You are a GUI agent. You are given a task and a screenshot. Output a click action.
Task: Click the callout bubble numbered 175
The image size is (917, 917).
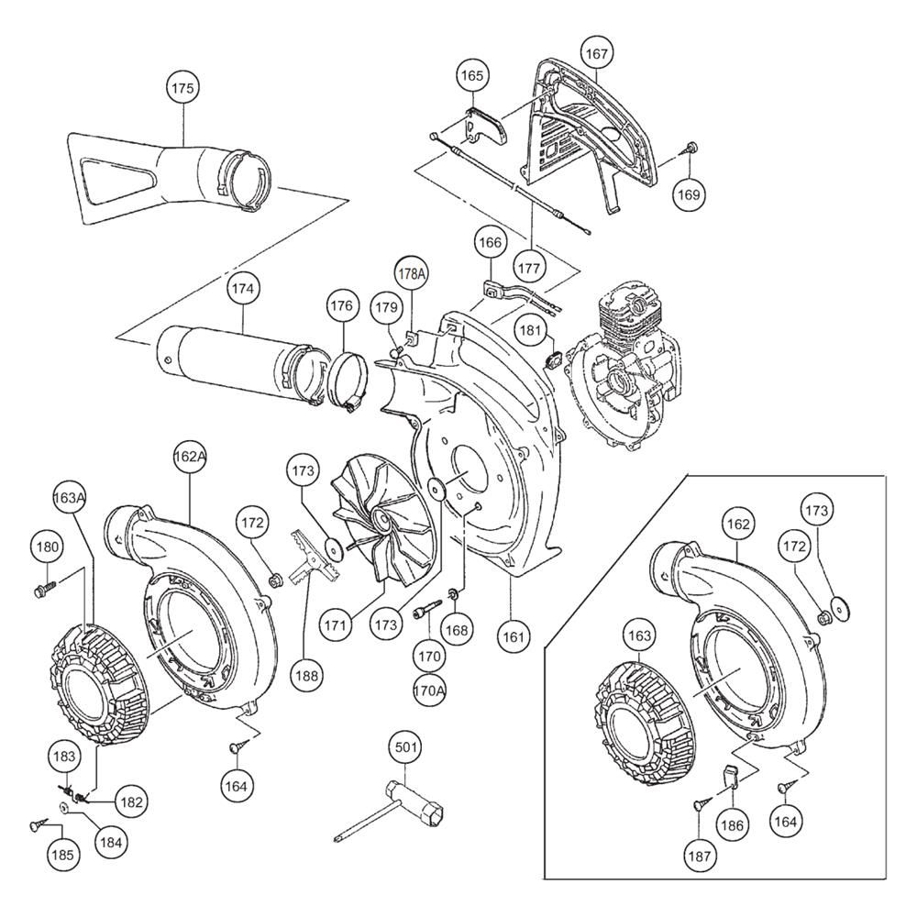(183, 88)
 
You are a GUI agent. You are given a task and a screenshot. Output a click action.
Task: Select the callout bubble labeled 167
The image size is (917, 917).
(597, 54)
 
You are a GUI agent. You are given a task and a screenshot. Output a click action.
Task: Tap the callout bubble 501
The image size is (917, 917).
(406, 747)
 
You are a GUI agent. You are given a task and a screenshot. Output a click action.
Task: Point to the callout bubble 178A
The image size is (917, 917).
(412, 273)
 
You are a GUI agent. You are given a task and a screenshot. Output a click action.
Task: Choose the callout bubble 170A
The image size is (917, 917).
(429, 691)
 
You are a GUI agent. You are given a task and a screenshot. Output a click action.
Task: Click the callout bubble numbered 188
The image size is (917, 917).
(306, 676)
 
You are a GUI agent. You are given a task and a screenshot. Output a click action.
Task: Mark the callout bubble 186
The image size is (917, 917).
(732, 825)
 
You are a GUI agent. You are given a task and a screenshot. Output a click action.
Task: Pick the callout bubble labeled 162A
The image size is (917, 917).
(191, 457)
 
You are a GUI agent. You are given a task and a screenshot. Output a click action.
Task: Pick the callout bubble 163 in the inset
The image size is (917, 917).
(639, 635)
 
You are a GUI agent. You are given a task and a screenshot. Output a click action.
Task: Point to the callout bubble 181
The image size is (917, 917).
(531, 331)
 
